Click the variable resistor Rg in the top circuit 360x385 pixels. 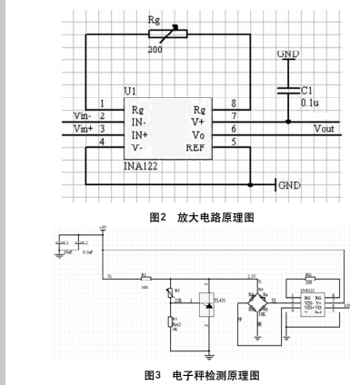pyautogui.click(x=165, y=34)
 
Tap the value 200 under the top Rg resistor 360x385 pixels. pyautogui.click(x=155, y=51)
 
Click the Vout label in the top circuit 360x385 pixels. pyautogui.click(x=325, y=130)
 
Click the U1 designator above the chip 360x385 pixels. pyautogui.click(x=132, y=93)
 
